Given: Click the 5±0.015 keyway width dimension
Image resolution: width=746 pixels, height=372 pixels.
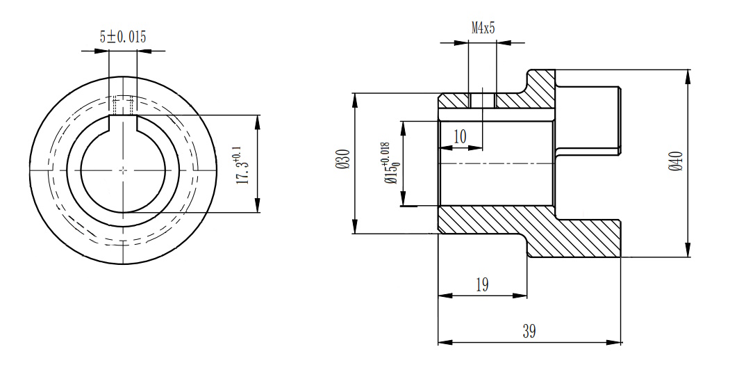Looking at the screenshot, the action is click(x=123, y=37).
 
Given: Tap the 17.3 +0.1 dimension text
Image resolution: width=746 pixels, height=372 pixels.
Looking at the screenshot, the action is click(x=245, y=165).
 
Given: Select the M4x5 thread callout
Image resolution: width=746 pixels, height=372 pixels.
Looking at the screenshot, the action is click(x=483, y=28).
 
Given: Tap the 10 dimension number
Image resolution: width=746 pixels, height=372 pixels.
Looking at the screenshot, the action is click(x=460, y=137).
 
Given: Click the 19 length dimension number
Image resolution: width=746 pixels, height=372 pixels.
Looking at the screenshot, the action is click(x=482, y=285).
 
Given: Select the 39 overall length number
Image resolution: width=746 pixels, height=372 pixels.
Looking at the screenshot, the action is click(x=529, y=331).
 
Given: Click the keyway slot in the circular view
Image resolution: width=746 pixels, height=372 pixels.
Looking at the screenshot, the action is click(x=123, y=122).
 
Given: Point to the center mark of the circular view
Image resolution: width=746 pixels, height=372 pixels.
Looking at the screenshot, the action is click(x=123, y=170).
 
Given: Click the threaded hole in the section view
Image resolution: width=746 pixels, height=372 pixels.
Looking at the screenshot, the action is click(x=483, y=101).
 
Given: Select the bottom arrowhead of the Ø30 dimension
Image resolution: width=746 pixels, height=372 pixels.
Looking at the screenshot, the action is click(x=354, y=227).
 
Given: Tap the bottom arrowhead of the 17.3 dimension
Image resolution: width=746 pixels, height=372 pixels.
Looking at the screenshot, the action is click(x=258, y=205).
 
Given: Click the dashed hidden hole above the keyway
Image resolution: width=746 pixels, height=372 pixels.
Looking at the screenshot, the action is click(x=123, y=105).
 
